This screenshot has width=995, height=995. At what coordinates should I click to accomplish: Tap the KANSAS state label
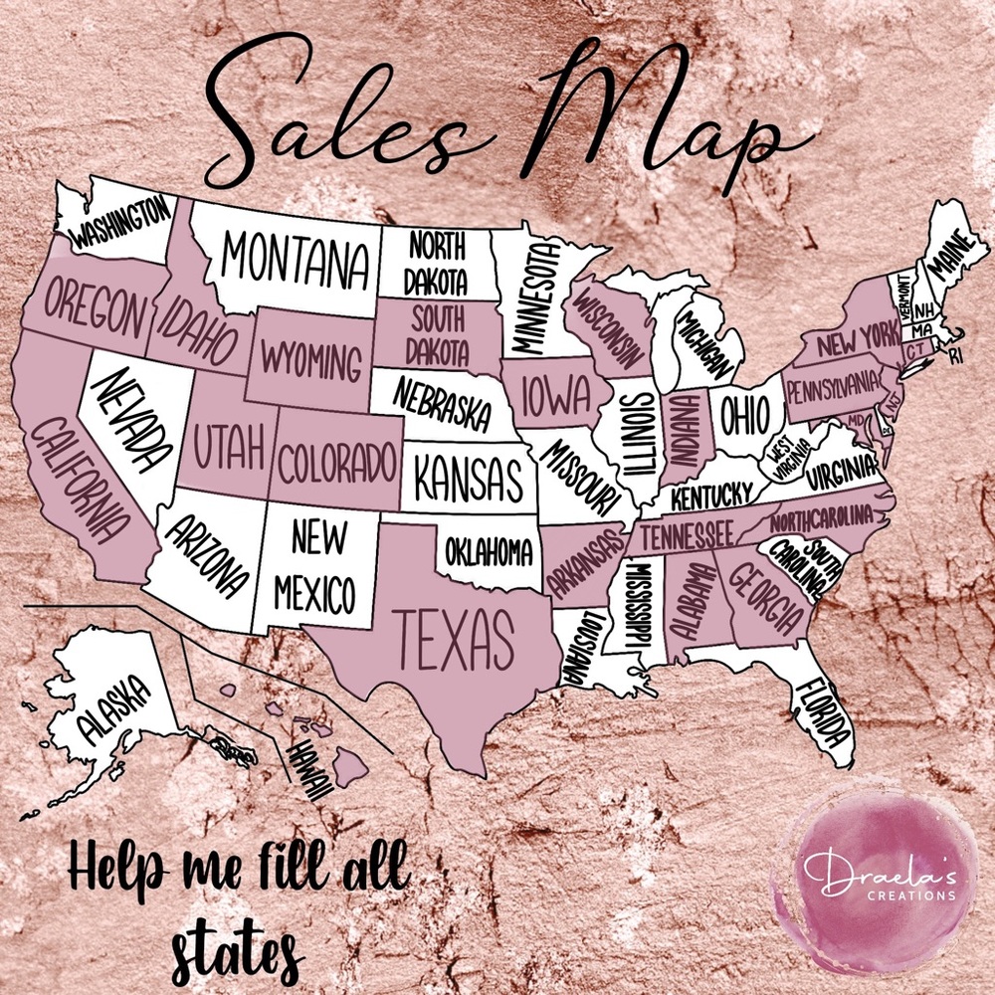[x=468, y=479]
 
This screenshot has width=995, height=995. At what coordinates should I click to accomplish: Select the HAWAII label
[x=308, y=772]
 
